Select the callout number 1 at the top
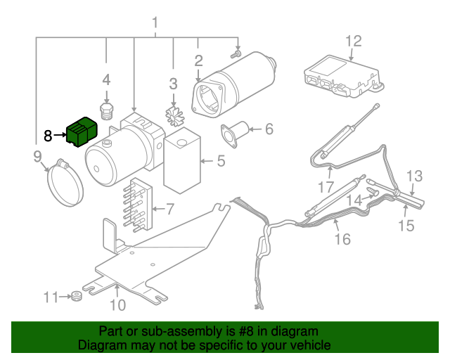(155, 27)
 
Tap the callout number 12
(352, 41)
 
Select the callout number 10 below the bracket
(117, 304)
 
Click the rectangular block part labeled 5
(182, 160)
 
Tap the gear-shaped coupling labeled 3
(173, 114)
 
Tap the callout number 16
(341, 240)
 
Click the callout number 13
(414, 176)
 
